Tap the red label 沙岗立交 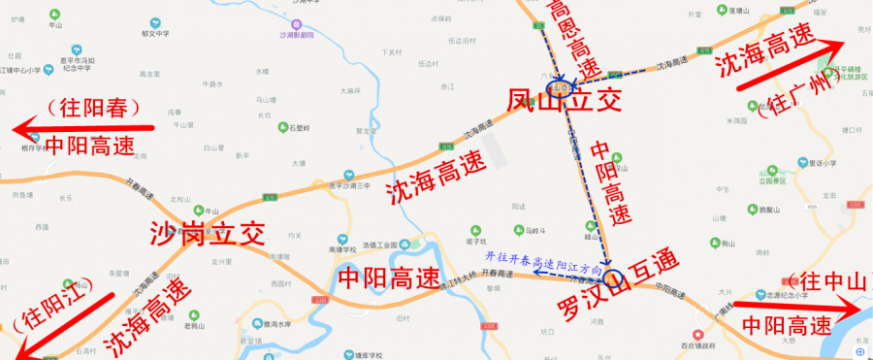[208, 234]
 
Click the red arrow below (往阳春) [83, 126]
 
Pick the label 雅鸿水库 [263, 324]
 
